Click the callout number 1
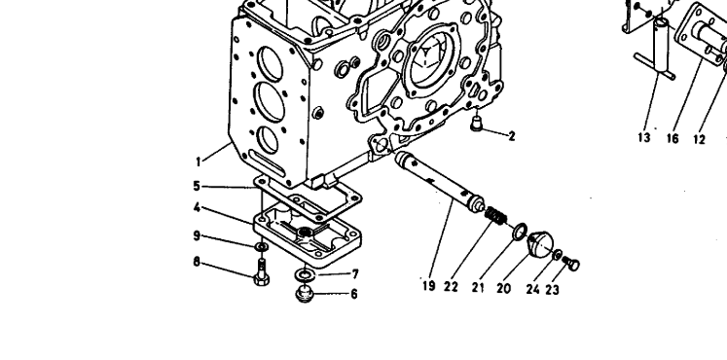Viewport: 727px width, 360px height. click(199, 162)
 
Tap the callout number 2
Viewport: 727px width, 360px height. click(511, 136)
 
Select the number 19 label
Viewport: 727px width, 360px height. click(429, 286)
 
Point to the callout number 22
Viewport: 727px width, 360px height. click(451, 287)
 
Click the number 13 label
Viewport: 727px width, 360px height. click(644, 137)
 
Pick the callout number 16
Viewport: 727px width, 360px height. click(672, 138)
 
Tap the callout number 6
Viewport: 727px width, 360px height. click(353, 294)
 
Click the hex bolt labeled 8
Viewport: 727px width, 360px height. click(262, 271)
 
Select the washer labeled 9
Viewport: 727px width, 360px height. click(262, 246)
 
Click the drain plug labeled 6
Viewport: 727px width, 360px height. click(305, 294)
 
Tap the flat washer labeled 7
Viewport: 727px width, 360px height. click(305, 274)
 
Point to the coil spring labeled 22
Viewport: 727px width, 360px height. click(496, 215)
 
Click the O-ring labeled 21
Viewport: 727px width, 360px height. click(520, 231)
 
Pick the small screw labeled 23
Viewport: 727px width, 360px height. click(571, 264)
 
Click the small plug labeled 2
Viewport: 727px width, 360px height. click(476, 124)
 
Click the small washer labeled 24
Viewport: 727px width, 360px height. click(558, 254)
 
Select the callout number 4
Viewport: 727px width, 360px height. click(197, 207)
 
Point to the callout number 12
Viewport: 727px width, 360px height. click(699, 138)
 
